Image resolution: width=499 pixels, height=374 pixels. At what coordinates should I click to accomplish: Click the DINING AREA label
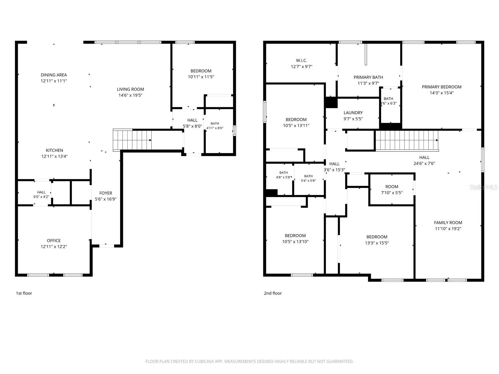[x=54, y=75]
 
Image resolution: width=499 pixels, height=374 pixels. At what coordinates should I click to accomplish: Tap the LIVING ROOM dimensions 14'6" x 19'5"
[x=130, y=95]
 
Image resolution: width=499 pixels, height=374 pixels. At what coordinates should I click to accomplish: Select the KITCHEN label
[x=54, y=150]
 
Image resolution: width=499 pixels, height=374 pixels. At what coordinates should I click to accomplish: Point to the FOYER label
[x=105, y=193]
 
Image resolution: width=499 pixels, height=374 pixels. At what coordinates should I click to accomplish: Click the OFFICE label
[x=54, y=241]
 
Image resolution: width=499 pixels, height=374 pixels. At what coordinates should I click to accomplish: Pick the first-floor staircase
[x=132, y=140]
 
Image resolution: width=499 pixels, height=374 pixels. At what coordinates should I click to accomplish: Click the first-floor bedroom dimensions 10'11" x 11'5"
[x=201, y=77]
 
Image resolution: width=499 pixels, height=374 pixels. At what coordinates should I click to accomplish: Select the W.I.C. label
[x=302, y=60]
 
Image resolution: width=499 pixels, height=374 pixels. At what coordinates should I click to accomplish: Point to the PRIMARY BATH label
[x=368, y=77]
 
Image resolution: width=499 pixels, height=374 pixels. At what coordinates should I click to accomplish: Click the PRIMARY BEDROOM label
[x=442, y=87]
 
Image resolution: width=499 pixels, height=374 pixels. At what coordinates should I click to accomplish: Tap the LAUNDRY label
[x=353, y=113]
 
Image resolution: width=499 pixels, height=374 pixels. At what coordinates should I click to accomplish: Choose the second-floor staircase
[x=407, y=141]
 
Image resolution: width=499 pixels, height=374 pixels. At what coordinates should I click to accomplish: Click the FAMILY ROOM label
[x=448, y=223]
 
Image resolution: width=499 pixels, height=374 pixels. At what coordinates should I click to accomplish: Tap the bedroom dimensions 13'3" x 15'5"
[x=377, y=243]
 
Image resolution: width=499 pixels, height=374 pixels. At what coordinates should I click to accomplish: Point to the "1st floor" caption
[x=24, y=293]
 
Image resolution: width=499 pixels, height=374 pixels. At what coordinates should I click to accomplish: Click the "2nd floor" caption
[x=273, y=293]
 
